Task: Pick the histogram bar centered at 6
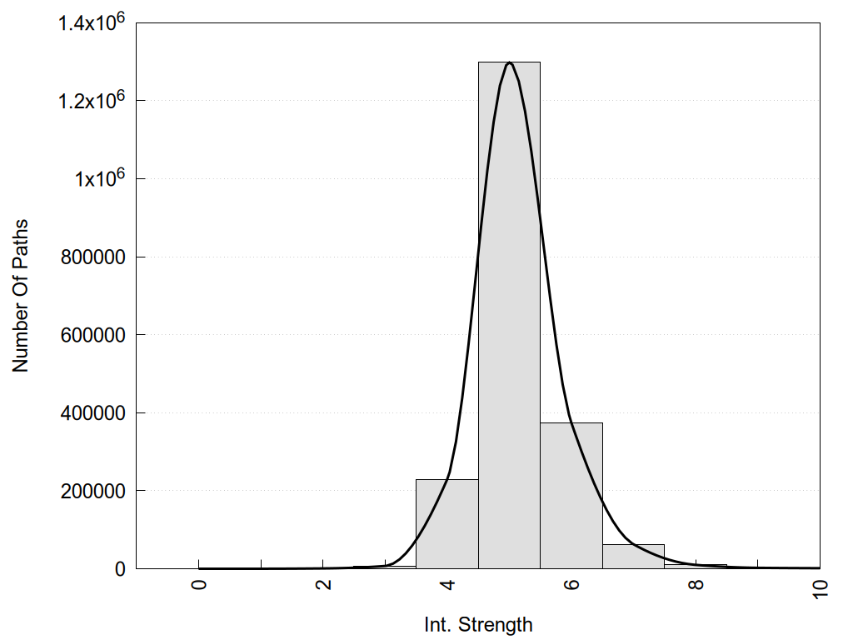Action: coord(571,495)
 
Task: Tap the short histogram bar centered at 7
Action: coord(633,556)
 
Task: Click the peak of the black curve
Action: coord(509,62)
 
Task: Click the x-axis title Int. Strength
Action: coord(478,624)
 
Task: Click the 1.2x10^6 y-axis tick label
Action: coord(92,100)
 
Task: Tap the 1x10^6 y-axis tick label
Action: coord(97,178)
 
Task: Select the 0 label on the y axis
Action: coord(120,569)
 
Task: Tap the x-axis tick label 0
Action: coord(199,584)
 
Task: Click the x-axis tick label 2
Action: coord(323,584)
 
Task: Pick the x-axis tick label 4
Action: coord(447,584)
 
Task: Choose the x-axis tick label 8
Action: coord(696,584)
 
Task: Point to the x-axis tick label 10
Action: coord(820,587)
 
